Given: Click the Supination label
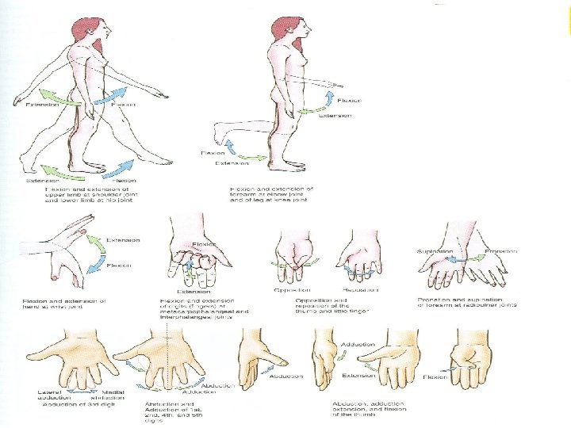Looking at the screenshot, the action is click(x=435, y=251).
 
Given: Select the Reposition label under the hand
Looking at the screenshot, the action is click(x=359, y=291).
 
